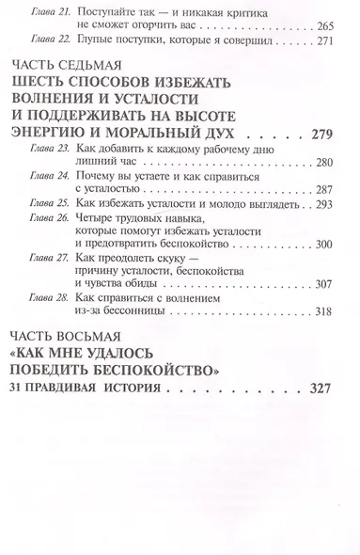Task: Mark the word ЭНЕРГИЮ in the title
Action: (69, 151)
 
